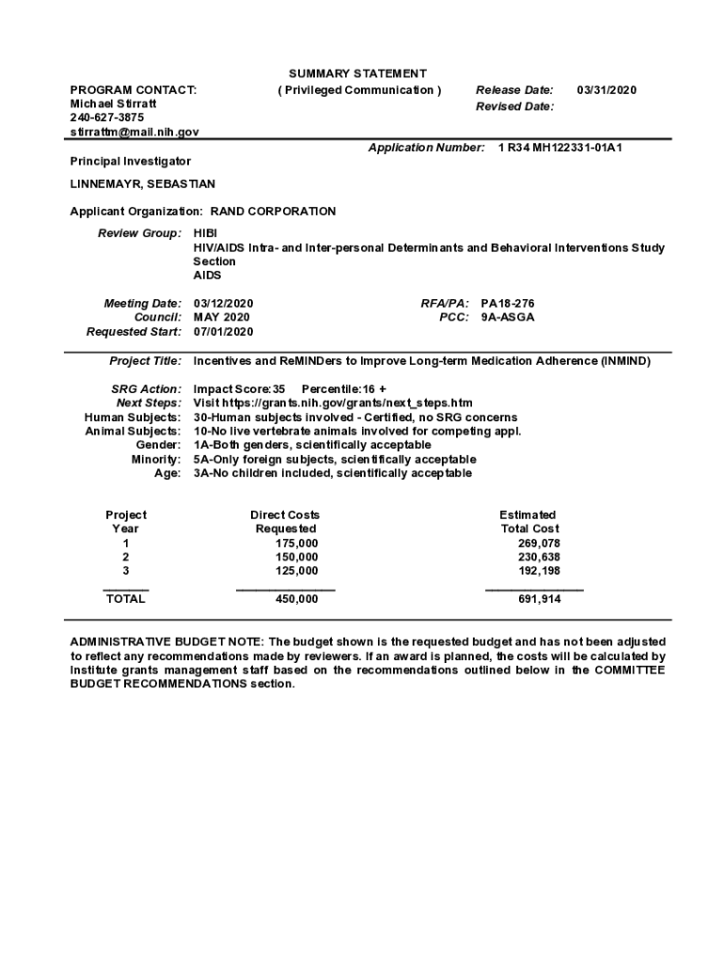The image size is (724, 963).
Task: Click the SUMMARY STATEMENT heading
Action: [x=357, y=73]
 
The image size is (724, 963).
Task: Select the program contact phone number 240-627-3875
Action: [x=107, y=118]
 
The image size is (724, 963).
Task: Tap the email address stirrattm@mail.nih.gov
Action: [x=134, y=133]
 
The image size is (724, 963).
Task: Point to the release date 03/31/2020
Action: [x=606, y=90]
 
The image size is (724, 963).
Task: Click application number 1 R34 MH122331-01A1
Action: [x=559, y=148]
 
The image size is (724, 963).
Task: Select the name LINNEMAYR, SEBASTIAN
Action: [x=142, y=183]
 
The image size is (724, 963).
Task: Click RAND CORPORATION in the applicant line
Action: [x=273, y=212]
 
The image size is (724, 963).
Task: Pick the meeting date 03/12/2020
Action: [x=223, y=304]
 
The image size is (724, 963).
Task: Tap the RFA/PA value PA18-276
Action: [x=508, y=304]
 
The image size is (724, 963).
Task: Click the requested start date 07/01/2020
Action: [x=223, y=332]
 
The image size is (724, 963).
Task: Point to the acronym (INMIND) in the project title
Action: [x=626, y=361]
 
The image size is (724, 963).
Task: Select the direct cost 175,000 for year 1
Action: [x=296, y=544]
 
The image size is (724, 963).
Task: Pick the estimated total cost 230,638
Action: [x=539, y=558]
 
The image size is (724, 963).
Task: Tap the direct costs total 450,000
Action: [x=296, y=599]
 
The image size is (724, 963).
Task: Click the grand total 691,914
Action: [x=539, y=599]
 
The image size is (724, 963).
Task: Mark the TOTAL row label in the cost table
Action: [x=126, y=599]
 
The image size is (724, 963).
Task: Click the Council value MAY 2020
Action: [x=222, y=318]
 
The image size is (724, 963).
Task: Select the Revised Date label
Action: [x=514, y=107]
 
